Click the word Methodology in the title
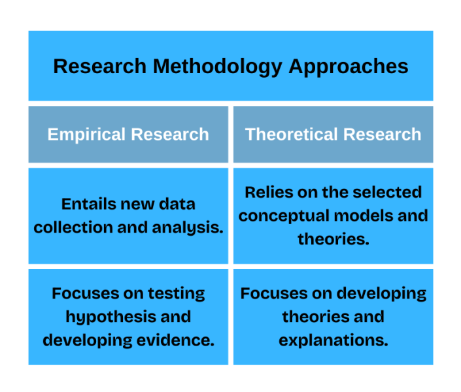(x=218, y=67)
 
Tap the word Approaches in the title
(x=349, y=67)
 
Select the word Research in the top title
(x=99, y=66)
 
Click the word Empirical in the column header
(x=86, y=135)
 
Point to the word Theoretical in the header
(x=292, y=135)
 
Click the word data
(x=177, y=204)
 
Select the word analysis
(x=188, y=228)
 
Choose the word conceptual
(x=284, y=216)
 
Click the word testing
(x=177, y=294)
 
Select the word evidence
(x=175, y=340)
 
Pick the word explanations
(x=333, y=341)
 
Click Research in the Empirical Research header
(x=170, y=135)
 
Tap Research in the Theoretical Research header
(x=383, y=135)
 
